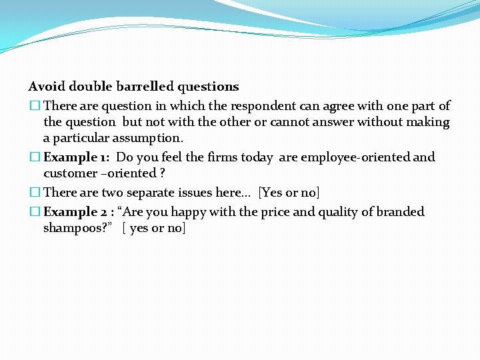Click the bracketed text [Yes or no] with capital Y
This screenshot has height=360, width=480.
[289, 193]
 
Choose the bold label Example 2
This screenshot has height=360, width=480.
[74, 212]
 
